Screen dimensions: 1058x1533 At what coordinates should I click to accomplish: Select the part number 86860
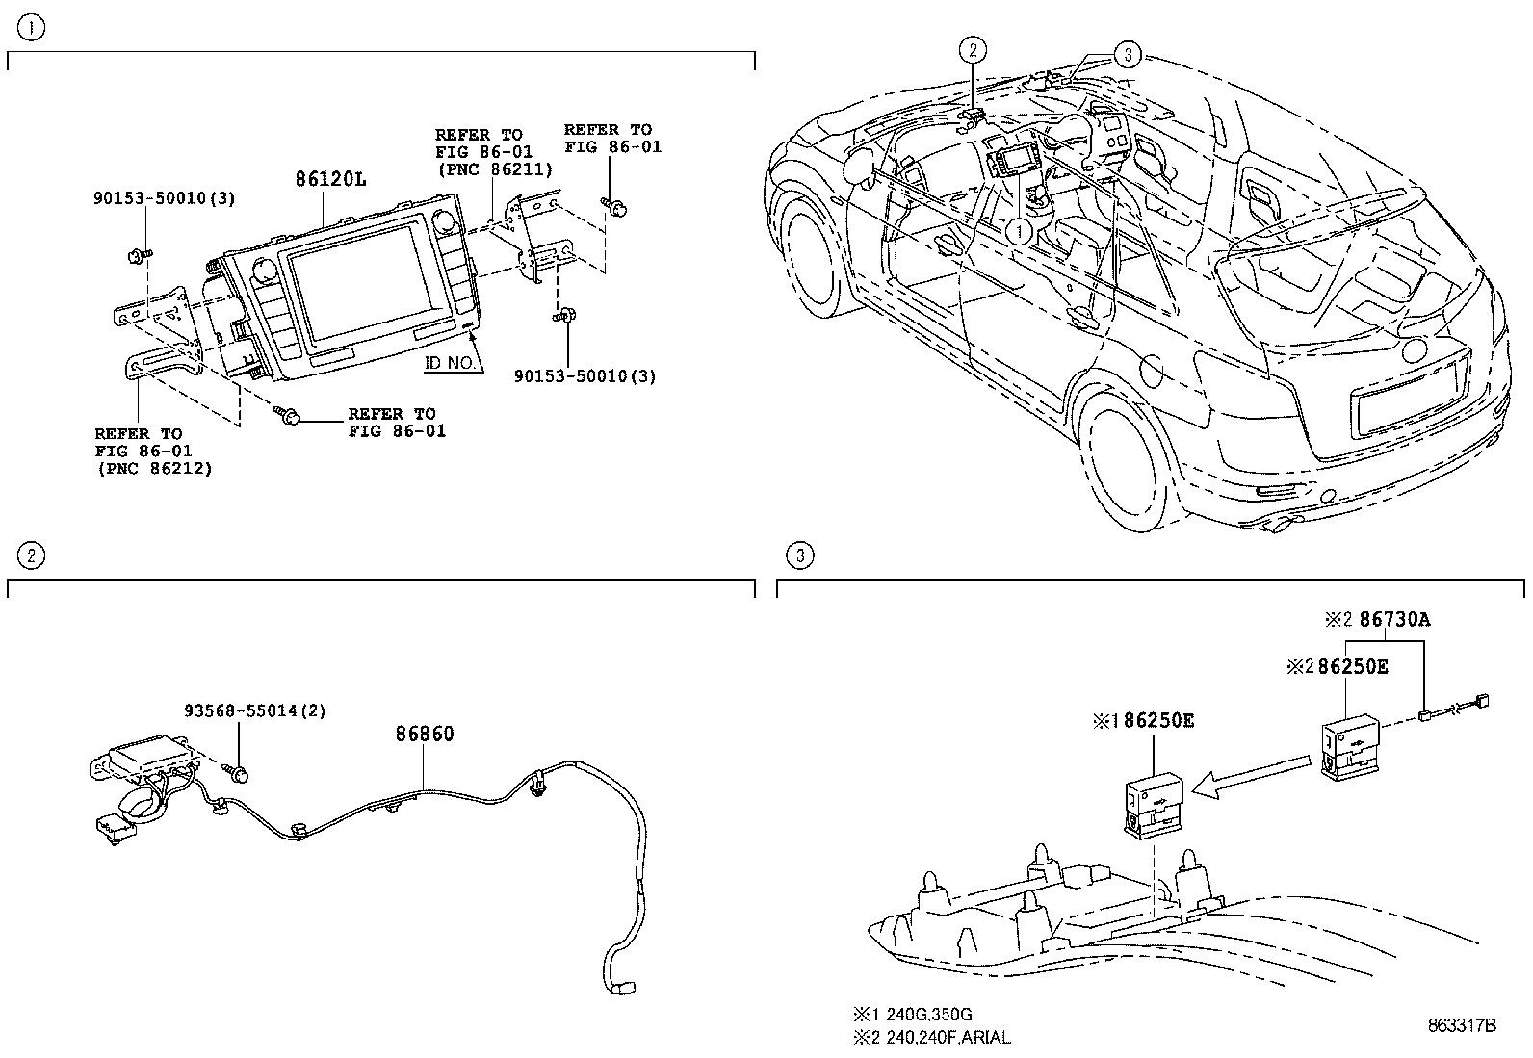coord(425,734)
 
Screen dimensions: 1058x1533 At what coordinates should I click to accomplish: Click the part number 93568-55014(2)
coord(254,711)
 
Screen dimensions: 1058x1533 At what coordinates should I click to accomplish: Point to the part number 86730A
coord(1394,620)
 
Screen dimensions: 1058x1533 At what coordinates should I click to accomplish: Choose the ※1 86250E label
coord(1143,720)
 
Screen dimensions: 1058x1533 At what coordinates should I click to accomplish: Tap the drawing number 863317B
coord(1461,1026)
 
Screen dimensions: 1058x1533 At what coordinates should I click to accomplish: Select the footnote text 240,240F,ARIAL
coord(943,1037)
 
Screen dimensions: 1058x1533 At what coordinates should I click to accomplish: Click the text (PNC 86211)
coord(493,169)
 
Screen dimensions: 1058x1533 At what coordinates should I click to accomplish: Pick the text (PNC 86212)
coord(153,468)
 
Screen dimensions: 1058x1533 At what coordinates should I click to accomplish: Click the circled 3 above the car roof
coord(1128,55)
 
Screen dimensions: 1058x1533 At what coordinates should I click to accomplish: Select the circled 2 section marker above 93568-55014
coord(31,555)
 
